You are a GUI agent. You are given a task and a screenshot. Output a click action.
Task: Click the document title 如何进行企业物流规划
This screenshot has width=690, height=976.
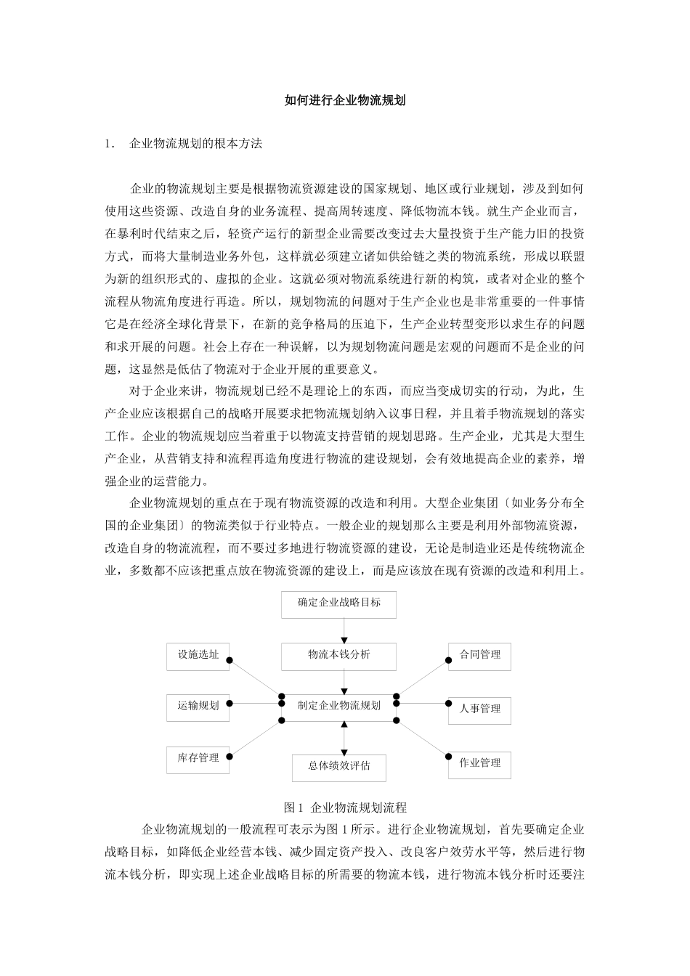coord(345,101)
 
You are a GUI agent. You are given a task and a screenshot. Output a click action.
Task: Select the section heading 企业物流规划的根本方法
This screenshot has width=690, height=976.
coord(195,144)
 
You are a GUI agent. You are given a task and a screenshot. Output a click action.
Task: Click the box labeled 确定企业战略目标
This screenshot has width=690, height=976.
coord(338,603)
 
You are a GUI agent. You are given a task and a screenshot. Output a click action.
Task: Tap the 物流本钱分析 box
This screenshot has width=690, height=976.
coord(338,656)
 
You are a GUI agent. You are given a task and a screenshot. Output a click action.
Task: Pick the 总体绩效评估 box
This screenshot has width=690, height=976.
coord(338,766)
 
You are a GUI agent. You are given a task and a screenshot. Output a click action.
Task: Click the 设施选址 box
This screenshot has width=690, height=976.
coord(198,656)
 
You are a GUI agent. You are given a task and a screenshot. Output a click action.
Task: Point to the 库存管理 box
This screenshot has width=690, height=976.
coord(198,759)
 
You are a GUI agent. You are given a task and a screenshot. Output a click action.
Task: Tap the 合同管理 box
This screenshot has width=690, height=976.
coord(479,656)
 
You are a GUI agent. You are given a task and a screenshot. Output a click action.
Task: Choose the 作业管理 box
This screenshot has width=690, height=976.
coord(479,763)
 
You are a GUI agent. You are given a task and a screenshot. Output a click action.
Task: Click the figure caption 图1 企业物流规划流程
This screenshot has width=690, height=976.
coord(345,808)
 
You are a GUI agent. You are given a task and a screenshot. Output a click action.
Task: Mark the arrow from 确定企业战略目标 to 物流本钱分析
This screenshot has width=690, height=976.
coord(344,630)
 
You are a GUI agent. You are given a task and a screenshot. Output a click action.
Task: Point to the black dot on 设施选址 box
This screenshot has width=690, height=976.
coord(230,661)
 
